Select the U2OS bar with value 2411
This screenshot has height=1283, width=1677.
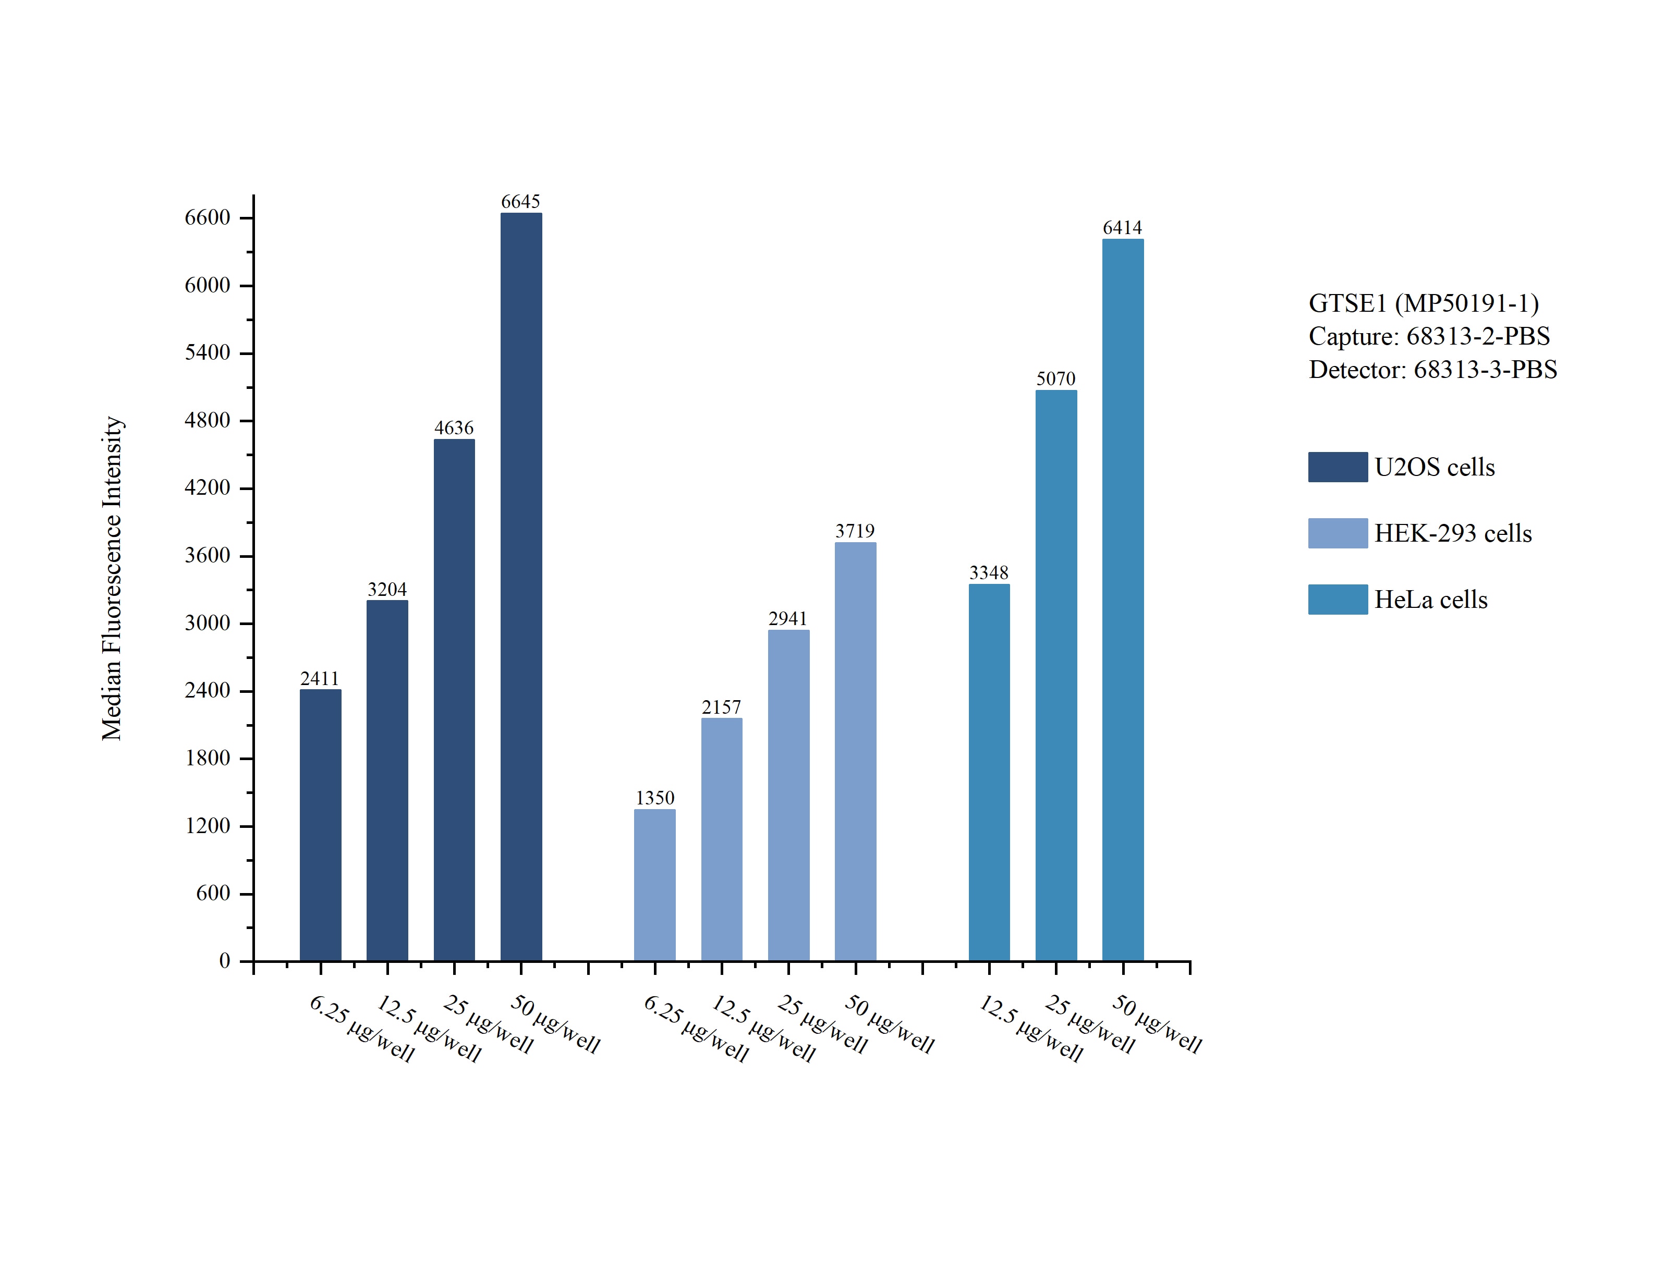(x=320, y=825)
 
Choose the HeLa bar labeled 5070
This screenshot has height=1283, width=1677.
(x=1056, y=675)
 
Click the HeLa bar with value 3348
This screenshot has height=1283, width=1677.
(x=989, y=772)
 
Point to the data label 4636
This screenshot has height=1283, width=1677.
(x=454, y=427)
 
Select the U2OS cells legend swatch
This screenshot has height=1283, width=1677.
(x=1337, y=467)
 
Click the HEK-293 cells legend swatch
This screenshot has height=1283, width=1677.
(x=1337, y=533)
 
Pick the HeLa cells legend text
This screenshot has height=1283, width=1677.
(x=1430, y=600)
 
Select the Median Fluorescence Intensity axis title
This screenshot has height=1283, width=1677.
(x=112, y=578)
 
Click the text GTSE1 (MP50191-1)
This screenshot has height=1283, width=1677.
(x=1424, y=303)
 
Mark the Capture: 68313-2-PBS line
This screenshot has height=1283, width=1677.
(x=1429, y=336)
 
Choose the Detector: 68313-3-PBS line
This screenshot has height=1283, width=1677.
(x=1432, y=370)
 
